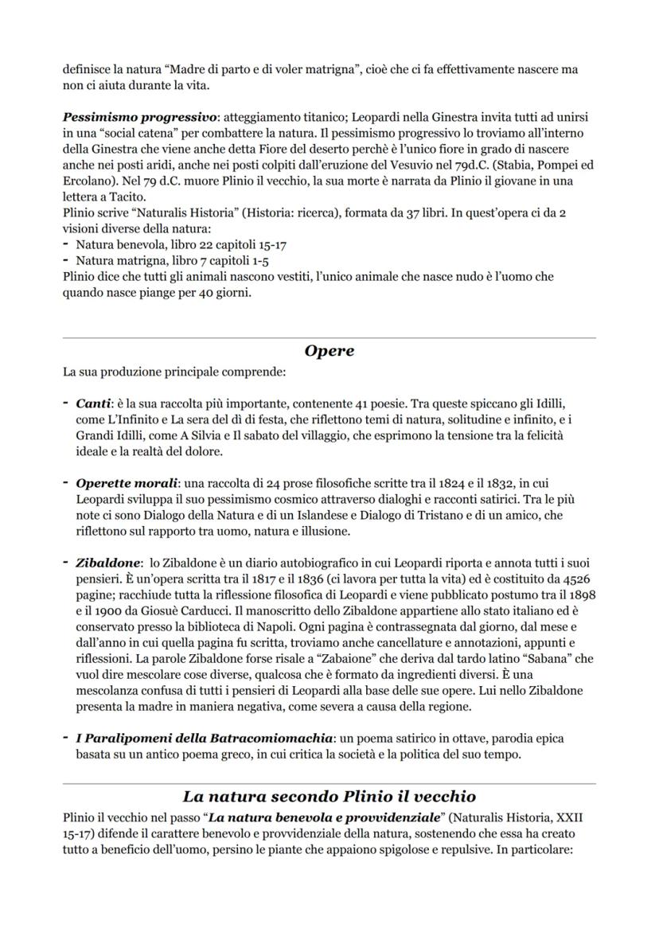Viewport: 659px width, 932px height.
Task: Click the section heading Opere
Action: click(329, 351)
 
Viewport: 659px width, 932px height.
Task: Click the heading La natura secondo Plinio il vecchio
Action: click(329, 795)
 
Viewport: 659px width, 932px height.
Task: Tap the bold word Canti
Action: click(93, 404)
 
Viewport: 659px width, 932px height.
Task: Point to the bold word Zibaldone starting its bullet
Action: click(107, 562)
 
